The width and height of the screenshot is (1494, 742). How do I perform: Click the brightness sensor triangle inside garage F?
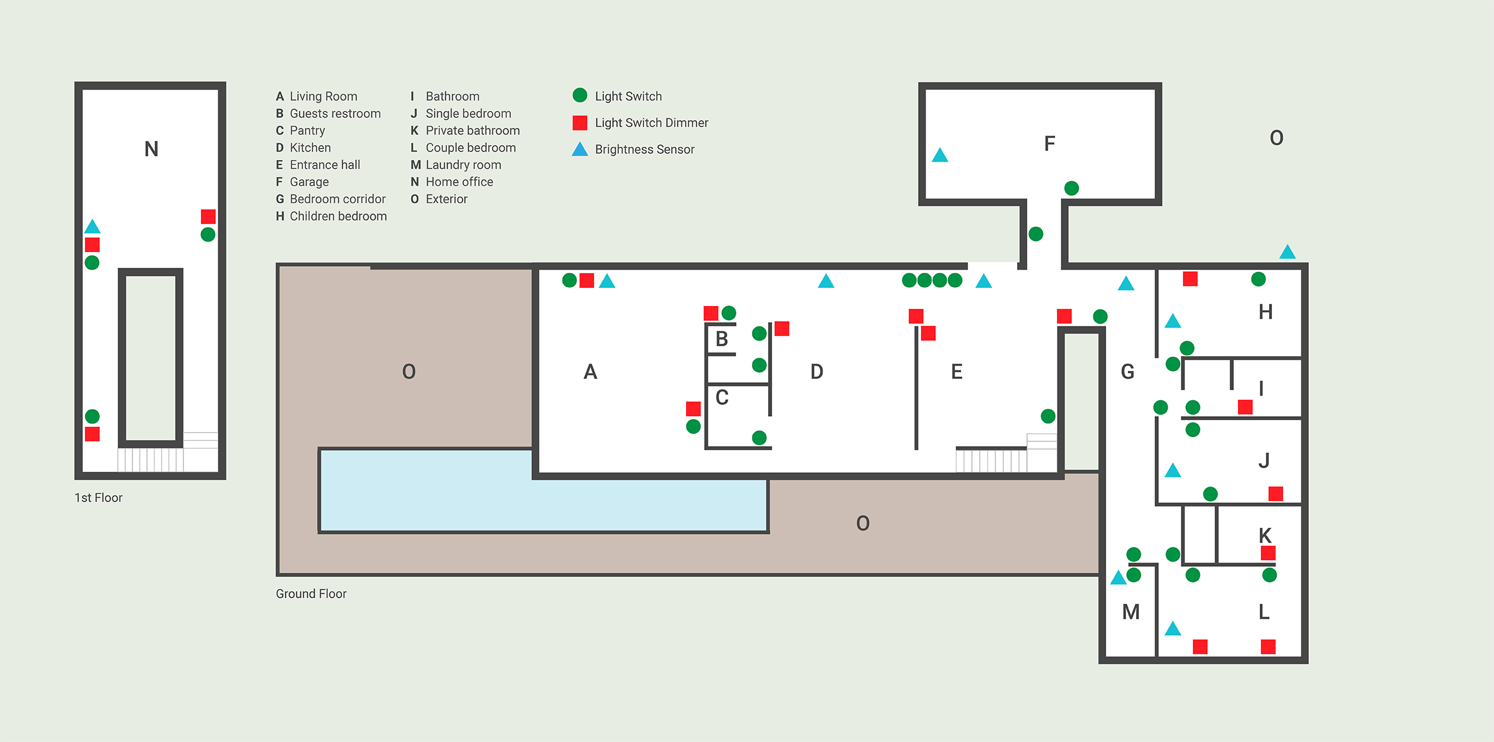[x=940, y=156]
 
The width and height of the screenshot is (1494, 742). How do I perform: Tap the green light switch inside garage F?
[x=1072, y=188]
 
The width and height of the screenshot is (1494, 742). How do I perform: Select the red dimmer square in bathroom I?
[x=1245, y=407]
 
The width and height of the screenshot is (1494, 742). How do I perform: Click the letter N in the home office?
[x=151, y=149]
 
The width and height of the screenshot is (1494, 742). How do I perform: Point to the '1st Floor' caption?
[x=98, y=498]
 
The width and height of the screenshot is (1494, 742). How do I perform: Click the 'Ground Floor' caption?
[x=311, y=594]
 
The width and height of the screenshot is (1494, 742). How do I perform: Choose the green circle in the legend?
[x=579, y=95]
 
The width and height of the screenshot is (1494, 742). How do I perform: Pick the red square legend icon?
[x=579, y=122]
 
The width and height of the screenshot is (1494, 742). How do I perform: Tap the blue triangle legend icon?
[x=579, y=149]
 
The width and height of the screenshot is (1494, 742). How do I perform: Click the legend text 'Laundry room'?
[x=463, y=165]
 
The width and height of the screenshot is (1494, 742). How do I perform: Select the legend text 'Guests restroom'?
[x=335, y=113]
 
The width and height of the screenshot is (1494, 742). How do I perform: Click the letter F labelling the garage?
[x=1049, y=144]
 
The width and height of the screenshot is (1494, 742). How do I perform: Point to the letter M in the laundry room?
[x=1131, y=612]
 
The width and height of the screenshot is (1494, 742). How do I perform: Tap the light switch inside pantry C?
[x=759, y=437]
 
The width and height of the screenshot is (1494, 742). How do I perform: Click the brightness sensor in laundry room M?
[x=1118, y=578]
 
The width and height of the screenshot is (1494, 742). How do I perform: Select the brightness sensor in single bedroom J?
[x=1172, y=471]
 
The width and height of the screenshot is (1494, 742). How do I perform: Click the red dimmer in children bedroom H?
[x=1190, y=279]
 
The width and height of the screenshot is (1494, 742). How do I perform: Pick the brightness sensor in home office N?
[x=92, y=227]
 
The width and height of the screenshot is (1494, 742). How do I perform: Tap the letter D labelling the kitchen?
[x=817, y=372]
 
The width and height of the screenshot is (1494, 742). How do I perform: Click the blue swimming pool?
[x=527, y=498]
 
